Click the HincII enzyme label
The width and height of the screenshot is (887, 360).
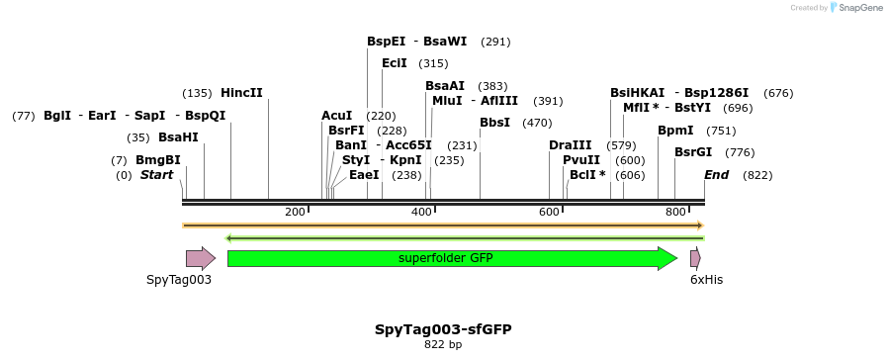[x=241, y=93]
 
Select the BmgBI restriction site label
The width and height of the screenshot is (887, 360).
[x=158, y=160]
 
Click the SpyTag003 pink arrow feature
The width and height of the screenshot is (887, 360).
[x=201, y=258]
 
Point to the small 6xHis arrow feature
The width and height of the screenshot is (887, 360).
[x=695, y=258]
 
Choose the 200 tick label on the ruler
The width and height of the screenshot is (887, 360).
[x=295, y=213]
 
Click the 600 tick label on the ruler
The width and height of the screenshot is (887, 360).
[x=549, y=213]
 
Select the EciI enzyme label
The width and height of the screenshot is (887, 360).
[x=395, y=63]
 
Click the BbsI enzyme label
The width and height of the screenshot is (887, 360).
[x=494, y=123]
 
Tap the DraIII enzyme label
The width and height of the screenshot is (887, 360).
[x=570, y=145]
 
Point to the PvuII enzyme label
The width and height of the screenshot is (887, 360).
[x=581, y=160]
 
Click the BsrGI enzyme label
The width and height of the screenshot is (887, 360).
[x=693, y=152]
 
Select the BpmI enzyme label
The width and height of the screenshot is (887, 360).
[x=675, y=131]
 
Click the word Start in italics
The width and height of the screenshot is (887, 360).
[x=156, y=175]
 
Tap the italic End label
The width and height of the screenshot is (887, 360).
[x=716, y=175]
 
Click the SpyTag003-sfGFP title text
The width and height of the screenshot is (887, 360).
[x=443, y=328]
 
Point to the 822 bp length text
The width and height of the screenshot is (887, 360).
[x=443, y=344]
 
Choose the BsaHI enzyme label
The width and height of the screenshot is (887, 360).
[x=178, y=137]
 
